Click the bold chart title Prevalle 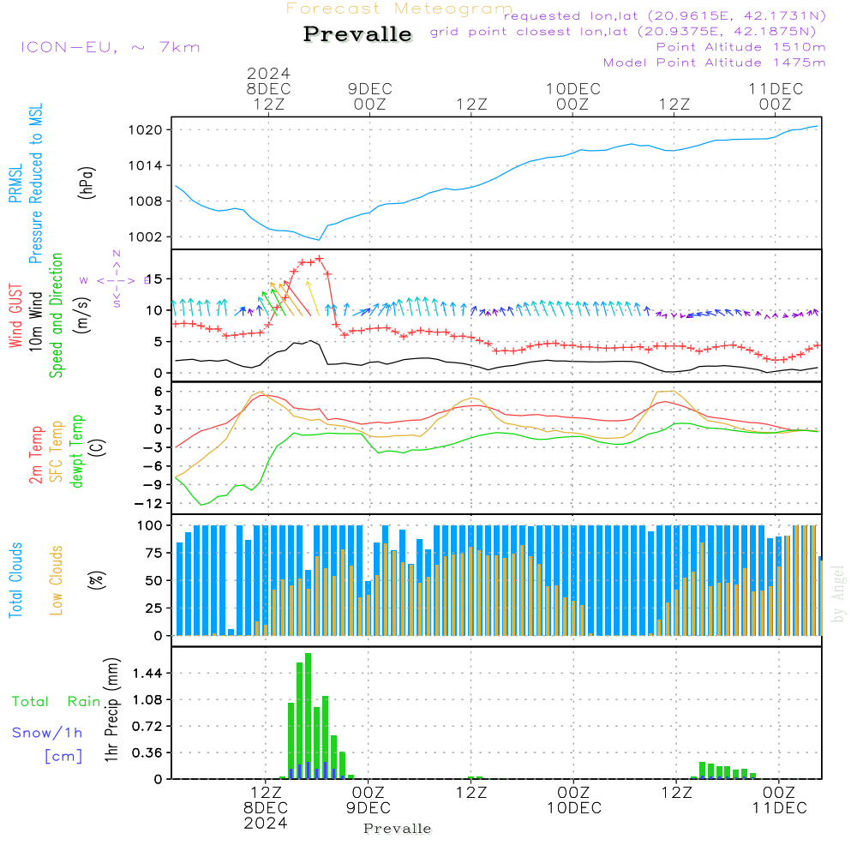357,35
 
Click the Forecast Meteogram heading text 399,9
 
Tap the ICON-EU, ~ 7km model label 110,46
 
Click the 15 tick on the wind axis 154,279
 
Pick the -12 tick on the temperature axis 151,503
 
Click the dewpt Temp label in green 77,452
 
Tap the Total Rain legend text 56,701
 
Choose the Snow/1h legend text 47,733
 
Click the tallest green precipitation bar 308,716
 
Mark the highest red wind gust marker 319,258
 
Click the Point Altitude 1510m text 740,46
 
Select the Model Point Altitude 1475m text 714,62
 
